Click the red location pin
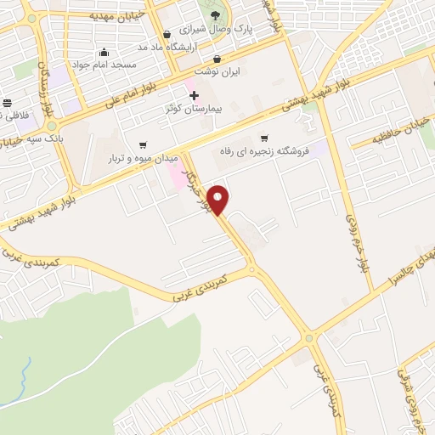(x=220, y=200)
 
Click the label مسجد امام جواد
(x=103, y=65)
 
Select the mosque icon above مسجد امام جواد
(x=104, y=52)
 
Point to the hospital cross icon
(x=195, y=94)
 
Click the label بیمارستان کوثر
(x=195, y=109)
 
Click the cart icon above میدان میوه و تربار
(x=142, y=144)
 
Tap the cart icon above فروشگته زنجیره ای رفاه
(x=264, y=138)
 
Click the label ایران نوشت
(x=217, y=72)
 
